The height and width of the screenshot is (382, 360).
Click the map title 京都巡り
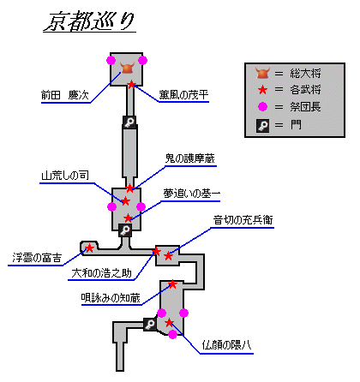pyautogui.click(x=89, y=21)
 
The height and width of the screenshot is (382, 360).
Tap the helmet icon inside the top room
pyautogui.click(x=127, y=68)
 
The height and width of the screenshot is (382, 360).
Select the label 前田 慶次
pyautogui.click(x=65, y=95)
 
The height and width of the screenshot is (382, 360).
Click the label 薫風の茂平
pyautogui.click(x=183, y=94)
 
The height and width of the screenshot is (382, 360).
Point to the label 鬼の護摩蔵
pyautogui.click(x=190, y=158)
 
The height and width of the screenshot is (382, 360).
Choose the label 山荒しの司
pyautogui.click(x=65, y=176)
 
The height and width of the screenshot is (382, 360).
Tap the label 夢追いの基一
pyautogui.click(x=192, y=194)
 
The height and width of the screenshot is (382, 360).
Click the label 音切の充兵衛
pyautogui.click(x=243, y=220)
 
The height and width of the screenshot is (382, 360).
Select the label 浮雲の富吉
pyautogui.click(x=37, y=258)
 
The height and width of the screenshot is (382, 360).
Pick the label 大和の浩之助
pyautogui.click(x=101, y=273)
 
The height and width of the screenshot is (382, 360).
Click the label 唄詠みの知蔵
pyautogui.click(x=111, y=298)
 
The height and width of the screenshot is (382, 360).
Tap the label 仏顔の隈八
pyautogui.click(x=226, y=345)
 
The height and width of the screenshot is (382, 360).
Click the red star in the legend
pyautogui.click(x=262, y=90)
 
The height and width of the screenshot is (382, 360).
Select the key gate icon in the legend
pyautogui.click(x=262, y=126)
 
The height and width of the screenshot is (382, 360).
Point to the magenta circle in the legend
pyautogui.click(x=262, y=107)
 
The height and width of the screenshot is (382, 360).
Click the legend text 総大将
pyautogui.click(x=305, y=74)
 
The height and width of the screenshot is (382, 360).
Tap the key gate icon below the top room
pyautogui.click(x=129, y=122)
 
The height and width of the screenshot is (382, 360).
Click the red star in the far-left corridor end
pyautogui.click(x=89, y=248)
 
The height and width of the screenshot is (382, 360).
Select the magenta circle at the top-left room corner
pyautogui.click(x=111, y=60)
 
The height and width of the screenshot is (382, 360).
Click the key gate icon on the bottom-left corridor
pyautogui.click(x=150, y=325)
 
